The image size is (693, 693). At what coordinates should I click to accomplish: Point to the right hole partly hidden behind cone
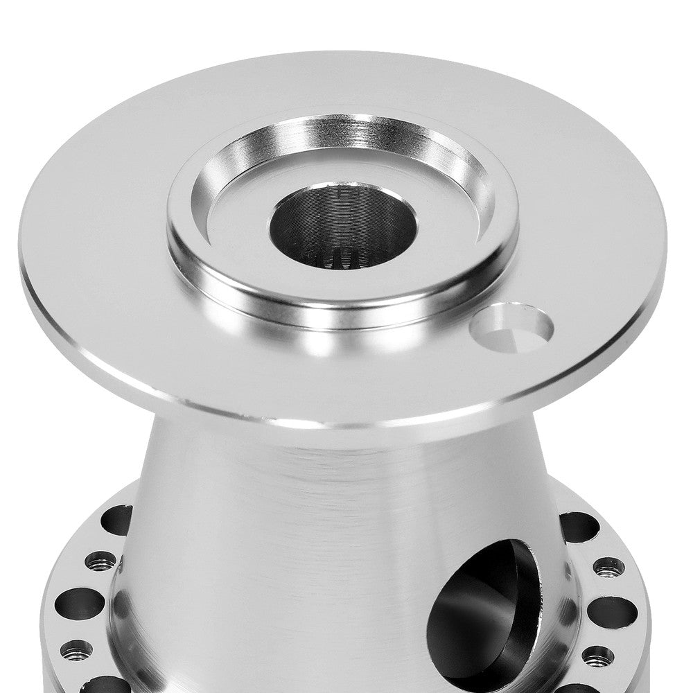[x=577, y=527]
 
